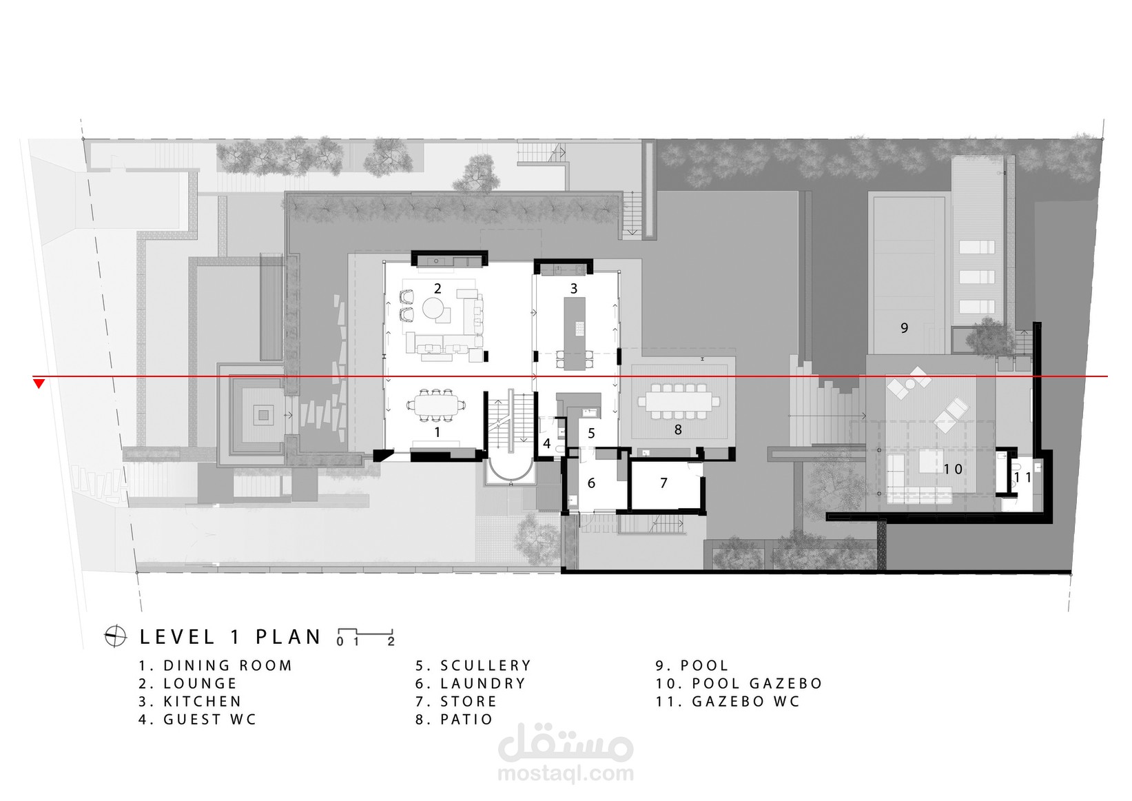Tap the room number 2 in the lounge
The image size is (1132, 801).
tap(438, 289)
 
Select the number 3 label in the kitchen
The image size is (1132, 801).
tap(574, 289)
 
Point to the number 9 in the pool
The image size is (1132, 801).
tap(904, 328)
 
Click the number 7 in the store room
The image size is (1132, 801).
tap(664, 483)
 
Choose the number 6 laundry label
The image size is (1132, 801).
tap(591, 483)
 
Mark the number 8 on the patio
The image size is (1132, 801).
tap(678, 430)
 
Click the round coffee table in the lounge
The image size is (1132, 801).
tap(433, 308)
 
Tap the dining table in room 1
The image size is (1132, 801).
tap(436, 405)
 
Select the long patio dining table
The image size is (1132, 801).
tap(678, 402)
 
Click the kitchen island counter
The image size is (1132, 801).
tap(575, 334)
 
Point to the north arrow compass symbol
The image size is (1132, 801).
tap(115, 636)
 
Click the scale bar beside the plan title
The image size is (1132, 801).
tap(365, 636)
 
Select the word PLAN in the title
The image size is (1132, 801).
tap(288, 637)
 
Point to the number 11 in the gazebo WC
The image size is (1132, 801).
tap(1023, 477)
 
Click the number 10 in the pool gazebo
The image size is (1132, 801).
tap(953, 469)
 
